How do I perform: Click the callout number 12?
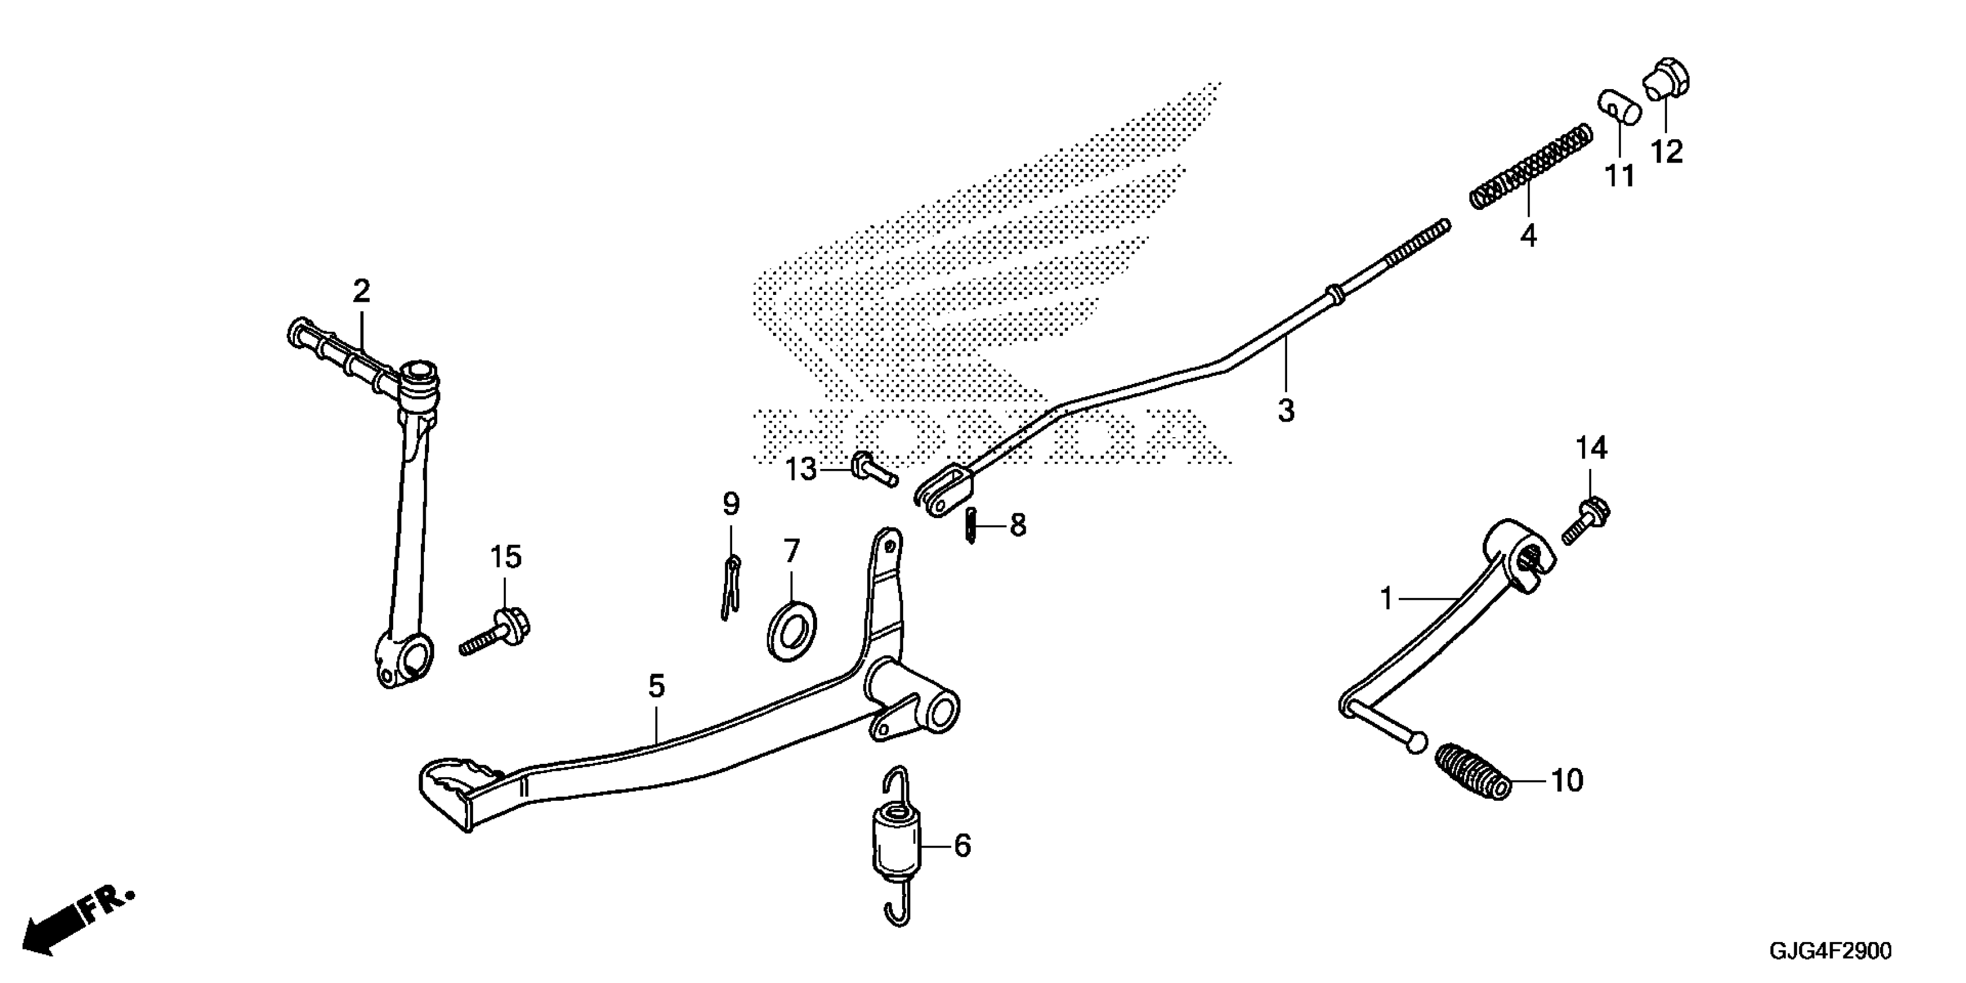click(1667, 153)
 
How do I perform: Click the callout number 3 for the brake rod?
click(1286, 411)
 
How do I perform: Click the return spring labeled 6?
click(898, 845)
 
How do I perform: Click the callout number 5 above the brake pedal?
click(656, 686)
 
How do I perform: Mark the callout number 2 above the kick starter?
click(361, 291)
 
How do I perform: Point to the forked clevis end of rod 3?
click(943, 490)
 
